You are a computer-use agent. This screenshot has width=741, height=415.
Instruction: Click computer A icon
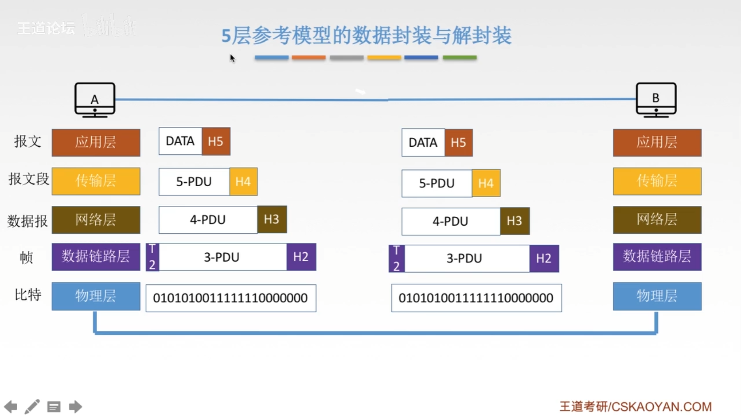coord(95,99)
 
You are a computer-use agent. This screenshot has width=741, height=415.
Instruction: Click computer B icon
coord(656,99)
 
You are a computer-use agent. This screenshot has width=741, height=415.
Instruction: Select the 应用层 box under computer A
coord(96,142)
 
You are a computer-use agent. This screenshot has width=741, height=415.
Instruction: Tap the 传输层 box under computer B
coord(657,181)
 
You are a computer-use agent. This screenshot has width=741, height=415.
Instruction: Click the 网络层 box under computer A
coord(96,219)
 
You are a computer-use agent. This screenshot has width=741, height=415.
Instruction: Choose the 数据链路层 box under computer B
coord(657,257)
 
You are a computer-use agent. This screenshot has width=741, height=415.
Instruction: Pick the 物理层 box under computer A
coord(96,296)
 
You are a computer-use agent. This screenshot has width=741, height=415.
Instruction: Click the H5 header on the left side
coord(216,141)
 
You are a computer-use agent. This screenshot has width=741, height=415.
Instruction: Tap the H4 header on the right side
coord(486,183)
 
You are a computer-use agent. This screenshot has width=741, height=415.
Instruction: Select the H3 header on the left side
coord(272,219)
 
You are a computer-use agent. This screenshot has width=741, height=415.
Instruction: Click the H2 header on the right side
coord(544,258)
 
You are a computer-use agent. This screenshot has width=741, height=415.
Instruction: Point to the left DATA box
coord(180,141)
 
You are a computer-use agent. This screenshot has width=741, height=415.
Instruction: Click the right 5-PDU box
coord(437,183)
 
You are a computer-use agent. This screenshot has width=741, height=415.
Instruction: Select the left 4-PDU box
coord(208,219)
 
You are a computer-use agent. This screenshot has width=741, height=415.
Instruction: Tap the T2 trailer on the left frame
coord(152,257)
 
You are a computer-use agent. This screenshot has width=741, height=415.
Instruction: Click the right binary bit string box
coord(476,298)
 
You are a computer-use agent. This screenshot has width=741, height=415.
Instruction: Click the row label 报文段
coord(28,179)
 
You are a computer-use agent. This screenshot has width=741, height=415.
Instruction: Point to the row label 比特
coord(27,294)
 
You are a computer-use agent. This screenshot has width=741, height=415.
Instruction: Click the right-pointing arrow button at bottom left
coord(75,407)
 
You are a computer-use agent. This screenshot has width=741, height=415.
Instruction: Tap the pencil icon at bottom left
coord(32,407)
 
